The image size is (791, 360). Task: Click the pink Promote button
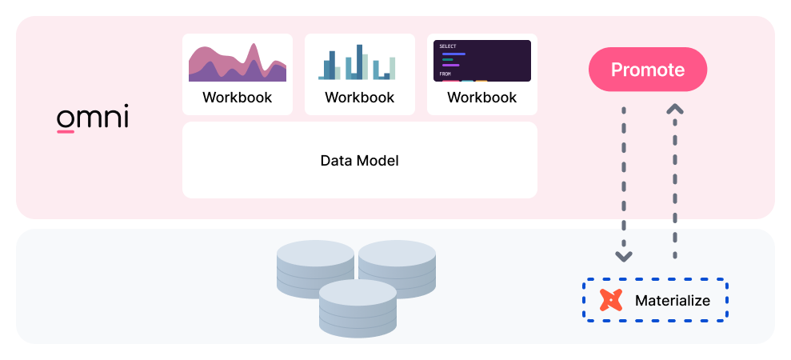[648, 70]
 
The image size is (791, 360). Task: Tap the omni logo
[92, 118]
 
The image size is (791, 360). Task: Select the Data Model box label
[359, 160]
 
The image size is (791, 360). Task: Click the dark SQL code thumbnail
[481, 61]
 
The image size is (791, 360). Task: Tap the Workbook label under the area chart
[237, 98]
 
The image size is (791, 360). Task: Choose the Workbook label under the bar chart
[359, 98]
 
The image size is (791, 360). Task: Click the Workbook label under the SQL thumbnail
[481, 98]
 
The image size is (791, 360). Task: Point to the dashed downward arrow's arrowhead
[624, 257]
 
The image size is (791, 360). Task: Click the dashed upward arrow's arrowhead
[675, 108]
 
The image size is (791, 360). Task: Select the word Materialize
[672, 301]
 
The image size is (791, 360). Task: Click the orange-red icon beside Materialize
[611, 300]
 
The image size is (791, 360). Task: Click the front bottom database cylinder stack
[358, 308]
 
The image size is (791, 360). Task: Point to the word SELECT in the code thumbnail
[447, 46]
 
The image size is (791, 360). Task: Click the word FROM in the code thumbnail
[445, 74]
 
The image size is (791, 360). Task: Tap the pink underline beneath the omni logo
[66, 131]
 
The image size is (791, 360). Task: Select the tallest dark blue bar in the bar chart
[359, 62]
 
